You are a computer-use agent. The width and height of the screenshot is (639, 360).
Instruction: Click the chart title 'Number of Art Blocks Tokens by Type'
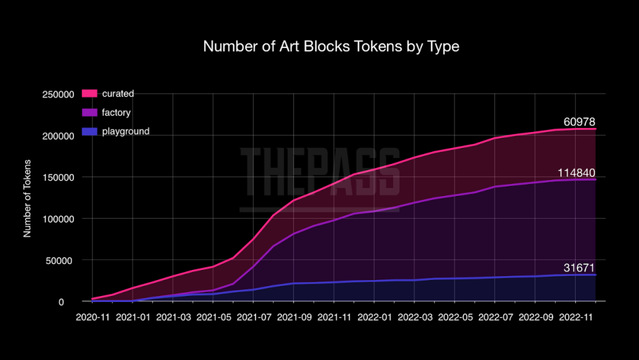[331, 46]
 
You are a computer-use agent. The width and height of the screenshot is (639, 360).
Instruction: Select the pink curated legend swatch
[89, 94]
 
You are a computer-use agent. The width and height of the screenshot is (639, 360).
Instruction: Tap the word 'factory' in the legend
[116, 112]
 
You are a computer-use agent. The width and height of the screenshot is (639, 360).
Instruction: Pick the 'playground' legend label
[125, 131]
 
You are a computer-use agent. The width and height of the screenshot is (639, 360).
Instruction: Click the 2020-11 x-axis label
[92, 317]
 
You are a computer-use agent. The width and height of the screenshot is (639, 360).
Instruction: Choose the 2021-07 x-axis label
[253, 317]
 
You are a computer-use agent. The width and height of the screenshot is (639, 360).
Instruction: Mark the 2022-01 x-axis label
[375, 317]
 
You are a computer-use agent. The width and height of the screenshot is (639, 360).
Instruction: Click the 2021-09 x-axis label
[293, 317]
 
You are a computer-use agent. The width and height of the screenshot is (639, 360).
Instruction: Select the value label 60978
[579, 122]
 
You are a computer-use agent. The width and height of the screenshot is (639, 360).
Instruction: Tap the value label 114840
[576, 172]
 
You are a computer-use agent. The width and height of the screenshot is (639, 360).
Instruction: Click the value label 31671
[579, 268]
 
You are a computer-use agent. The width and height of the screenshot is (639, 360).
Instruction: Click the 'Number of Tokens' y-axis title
[27, 198]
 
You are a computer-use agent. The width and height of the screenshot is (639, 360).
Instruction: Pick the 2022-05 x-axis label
[455, 317]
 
